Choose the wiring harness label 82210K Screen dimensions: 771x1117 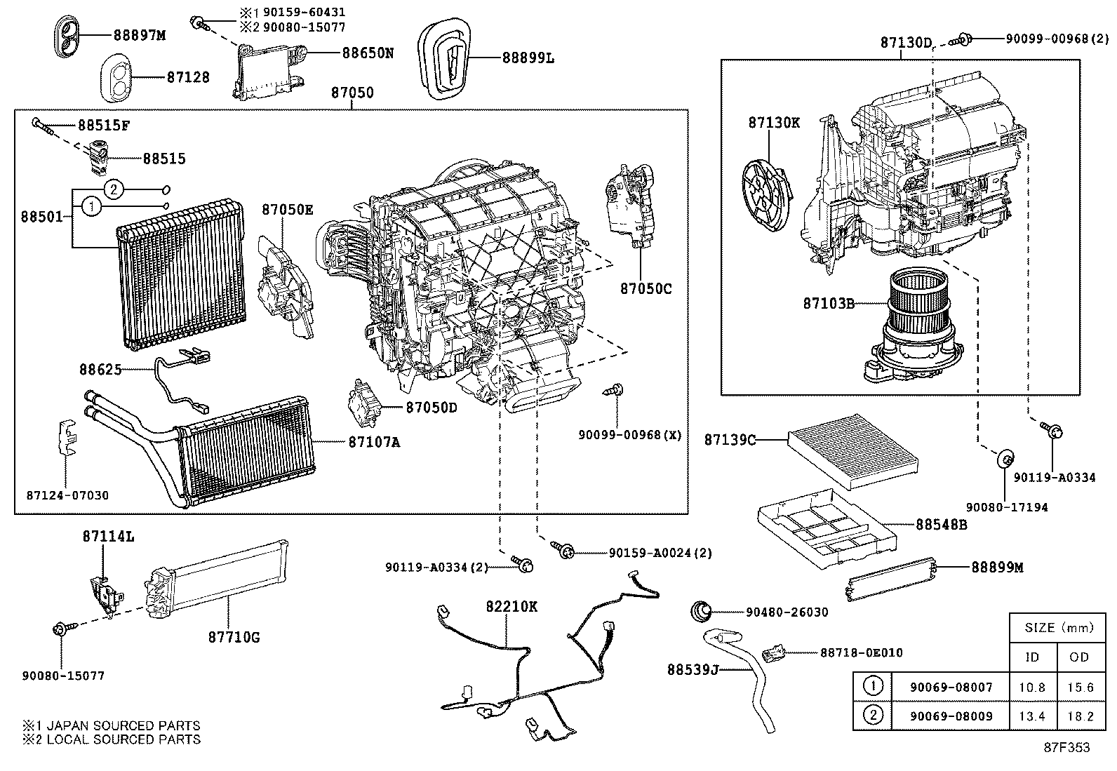[x=511, y=607]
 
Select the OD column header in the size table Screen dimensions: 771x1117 [x=1079, y=657]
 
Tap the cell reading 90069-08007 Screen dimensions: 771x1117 [x=951, y=688]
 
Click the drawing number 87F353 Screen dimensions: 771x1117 [x=1066, y=748]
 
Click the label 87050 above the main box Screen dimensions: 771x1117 [x=352, y=93]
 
